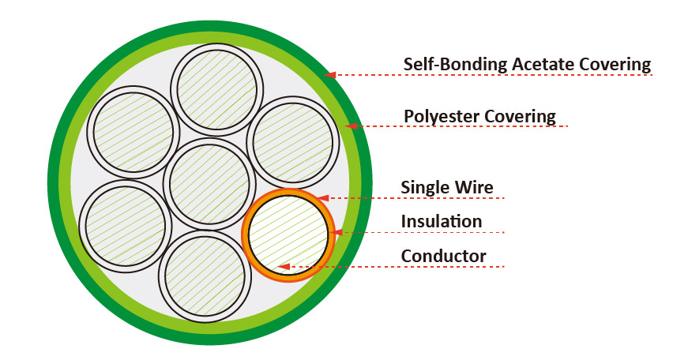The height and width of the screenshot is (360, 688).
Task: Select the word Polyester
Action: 439,116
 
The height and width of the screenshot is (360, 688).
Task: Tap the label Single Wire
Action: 446,187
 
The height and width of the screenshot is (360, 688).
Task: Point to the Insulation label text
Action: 441,221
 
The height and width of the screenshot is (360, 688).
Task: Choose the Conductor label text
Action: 443,256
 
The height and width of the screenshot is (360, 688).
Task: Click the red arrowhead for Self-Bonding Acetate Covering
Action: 331,75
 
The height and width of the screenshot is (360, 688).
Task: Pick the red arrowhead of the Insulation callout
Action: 338,232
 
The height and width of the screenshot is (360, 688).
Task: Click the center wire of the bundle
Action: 209,183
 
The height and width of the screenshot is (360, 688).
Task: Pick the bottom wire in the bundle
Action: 205,276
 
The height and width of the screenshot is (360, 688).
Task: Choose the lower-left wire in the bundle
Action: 125,226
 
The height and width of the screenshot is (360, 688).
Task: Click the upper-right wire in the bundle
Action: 293,142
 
